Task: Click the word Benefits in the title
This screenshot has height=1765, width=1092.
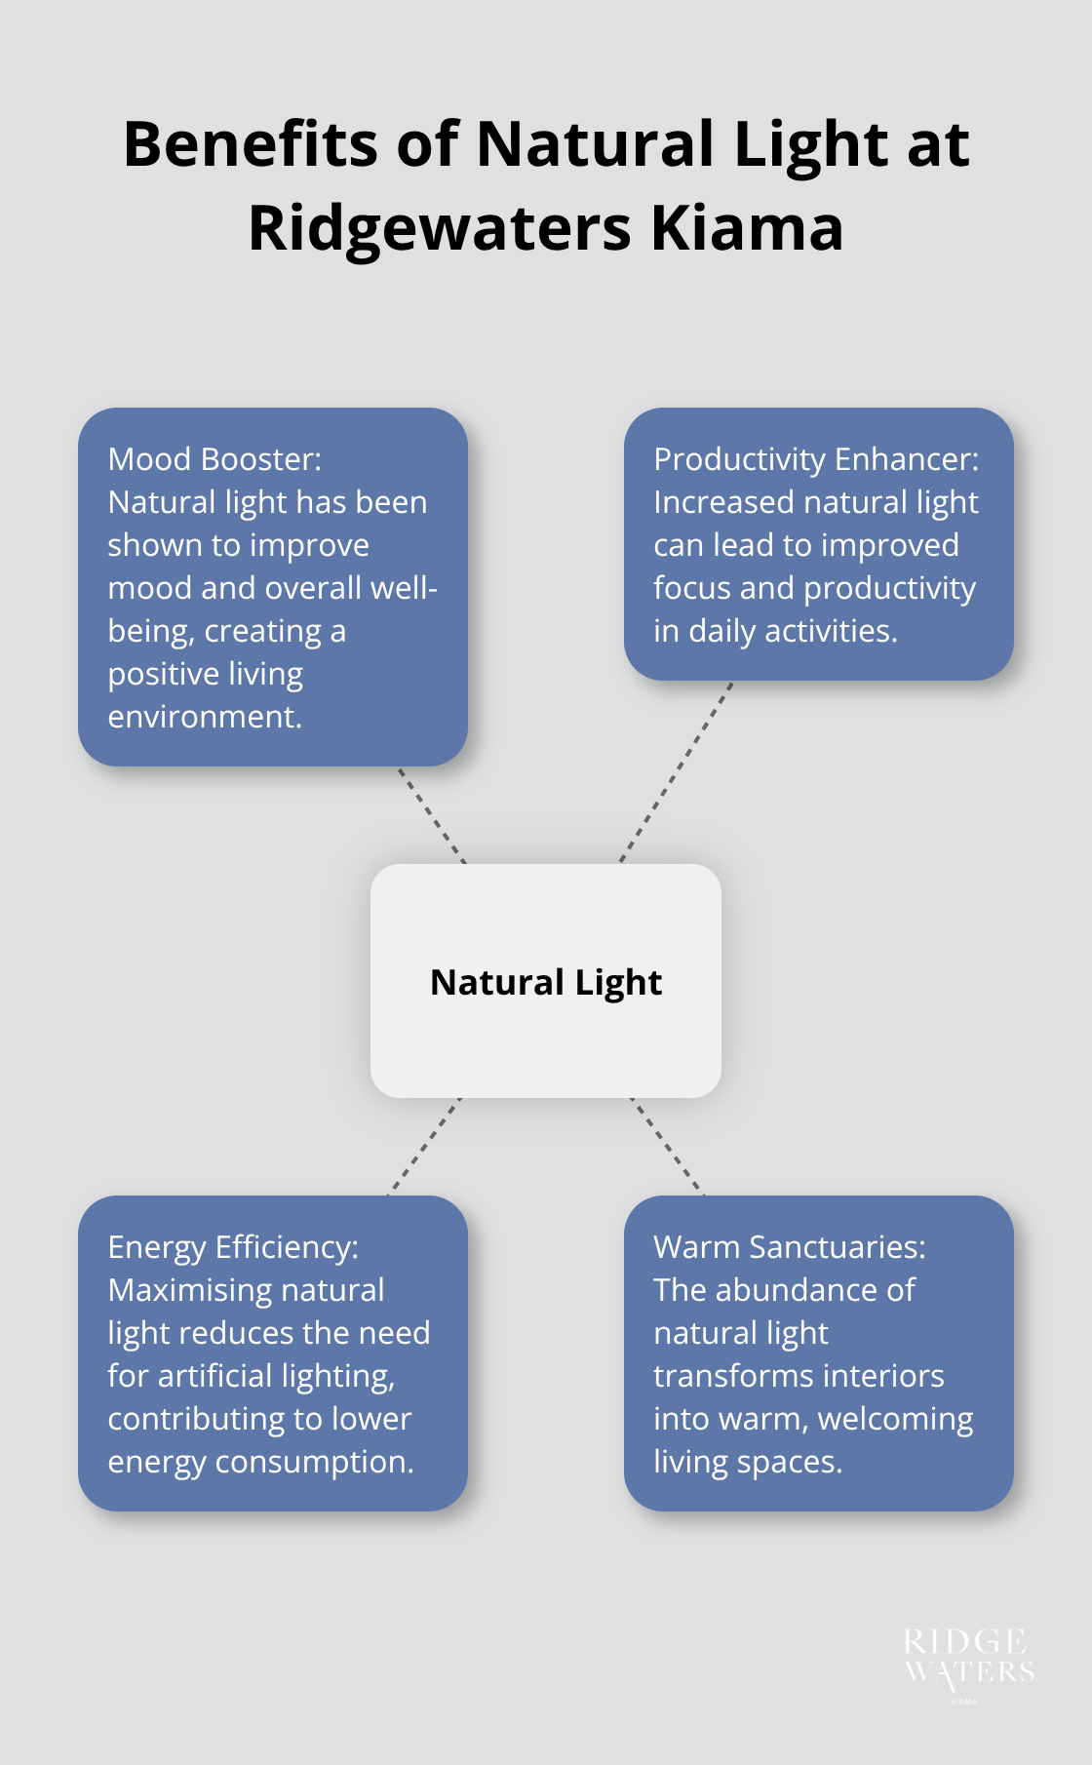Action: pos(250,144)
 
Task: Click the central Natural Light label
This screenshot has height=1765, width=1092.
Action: pos(546,982)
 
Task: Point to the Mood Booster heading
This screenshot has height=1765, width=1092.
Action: pos(214,458)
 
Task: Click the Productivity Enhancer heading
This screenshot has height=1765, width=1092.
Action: pos(816,458)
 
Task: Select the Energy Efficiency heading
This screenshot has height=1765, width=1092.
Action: pos(233,1246)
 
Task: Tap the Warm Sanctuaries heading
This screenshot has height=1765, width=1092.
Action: pos(790,1246)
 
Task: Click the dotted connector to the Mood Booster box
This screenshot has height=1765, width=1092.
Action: pos(431,815)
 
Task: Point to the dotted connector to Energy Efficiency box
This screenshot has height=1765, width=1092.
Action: pos(425,1146)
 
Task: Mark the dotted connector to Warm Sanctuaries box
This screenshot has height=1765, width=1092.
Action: pos(667,1146)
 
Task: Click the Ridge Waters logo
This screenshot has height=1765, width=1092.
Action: pos(968,1660)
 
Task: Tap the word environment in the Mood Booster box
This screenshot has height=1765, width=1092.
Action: pos(205,717)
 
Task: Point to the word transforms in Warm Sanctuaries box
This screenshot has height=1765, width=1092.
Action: pos(723,1376)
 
